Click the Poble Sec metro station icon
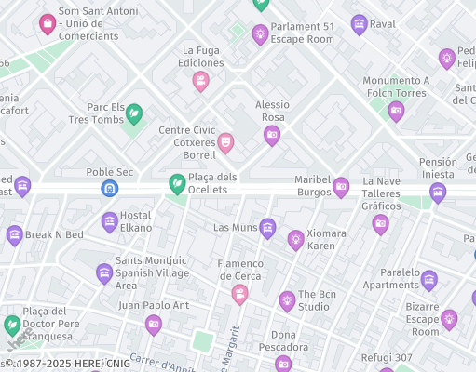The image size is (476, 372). tap(109, 189)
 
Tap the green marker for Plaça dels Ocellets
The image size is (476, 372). tap(175, 185)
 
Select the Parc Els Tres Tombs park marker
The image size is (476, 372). tap(134, 113)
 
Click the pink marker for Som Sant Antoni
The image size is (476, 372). tap(47, 24)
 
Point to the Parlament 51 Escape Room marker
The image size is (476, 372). tap(261, 34)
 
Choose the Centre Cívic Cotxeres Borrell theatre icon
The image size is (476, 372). tap(224, 142)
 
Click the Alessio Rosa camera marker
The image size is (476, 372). tap(272, 136)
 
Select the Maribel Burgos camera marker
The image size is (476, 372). tap(341, 187)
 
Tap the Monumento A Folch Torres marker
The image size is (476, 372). tap(396, 112)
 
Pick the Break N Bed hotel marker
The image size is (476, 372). tap(14, 235)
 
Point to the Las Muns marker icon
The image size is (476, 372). tap(267, 228)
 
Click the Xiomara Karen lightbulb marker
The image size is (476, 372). tap(295, 240)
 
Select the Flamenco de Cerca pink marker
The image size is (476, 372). tap(239, 295)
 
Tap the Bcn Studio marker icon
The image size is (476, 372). tap(287, 300)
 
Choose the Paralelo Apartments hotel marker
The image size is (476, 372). tap(428, 279)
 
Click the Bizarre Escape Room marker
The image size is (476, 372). tap(449, 320)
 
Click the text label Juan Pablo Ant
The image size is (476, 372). tap(154, 305)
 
